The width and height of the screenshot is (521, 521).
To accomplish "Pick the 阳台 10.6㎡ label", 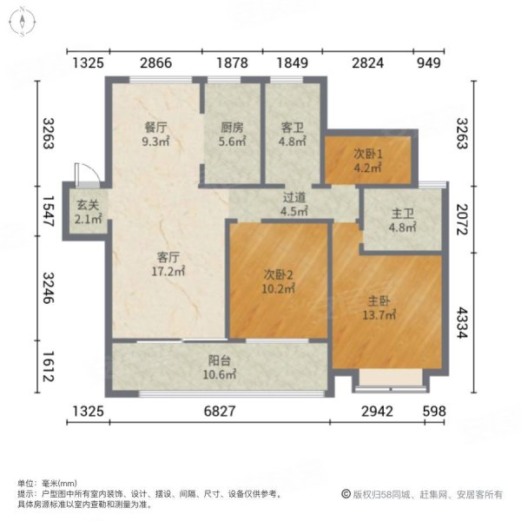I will point(218,368).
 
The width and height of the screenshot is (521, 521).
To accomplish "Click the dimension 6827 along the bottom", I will point(221,411).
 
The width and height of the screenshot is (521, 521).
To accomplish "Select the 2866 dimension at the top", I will point(156,63).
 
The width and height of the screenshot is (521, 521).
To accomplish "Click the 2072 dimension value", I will point(489,213).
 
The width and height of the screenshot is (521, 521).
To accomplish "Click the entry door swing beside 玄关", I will point(82,172).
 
